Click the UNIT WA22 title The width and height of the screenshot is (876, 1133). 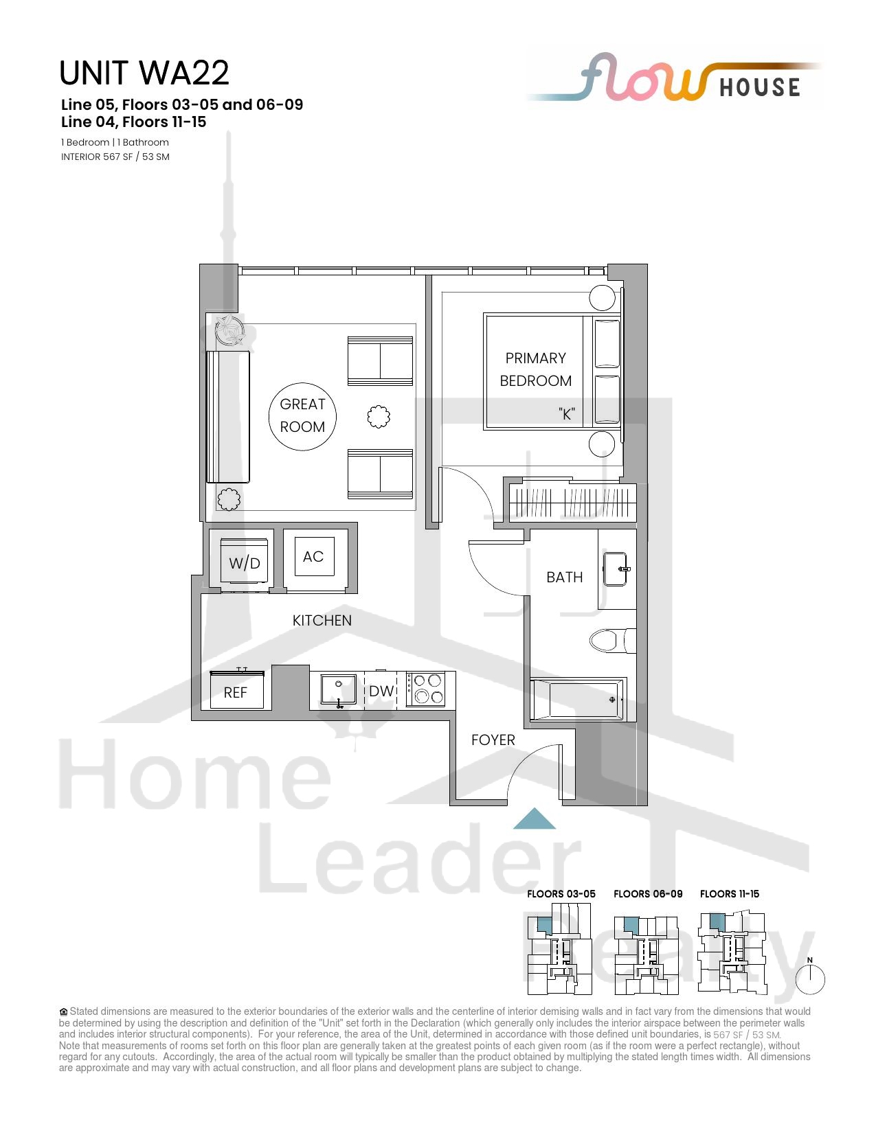tap(144, 73)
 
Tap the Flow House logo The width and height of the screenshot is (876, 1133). tap(673, 78)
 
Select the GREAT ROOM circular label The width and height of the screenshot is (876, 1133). tap(302, 416)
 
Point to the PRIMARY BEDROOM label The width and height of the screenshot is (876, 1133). tap(535, 369)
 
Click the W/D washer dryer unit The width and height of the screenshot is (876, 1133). tap(244, 561)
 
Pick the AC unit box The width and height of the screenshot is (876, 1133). tap(314, 556)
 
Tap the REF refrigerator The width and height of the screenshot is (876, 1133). tap(236, 690)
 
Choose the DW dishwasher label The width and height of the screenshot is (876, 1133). tap(381, 691)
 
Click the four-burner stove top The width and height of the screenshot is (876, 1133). tap(426, 689)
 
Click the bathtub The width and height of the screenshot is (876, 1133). tap(577, 699)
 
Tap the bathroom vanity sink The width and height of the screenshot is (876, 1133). tap(616, 569)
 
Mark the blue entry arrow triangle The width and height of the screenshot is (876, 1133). tap(534, 818)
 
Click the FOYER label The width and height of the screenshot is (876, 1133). tap(493, 740)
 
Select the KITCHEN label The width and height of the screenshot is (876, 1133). tap(322, 621)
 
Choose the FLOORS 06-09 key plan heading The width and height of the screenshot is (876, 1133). tap(648, 893)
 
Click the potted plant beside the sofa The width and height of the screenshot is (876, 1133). tap(229, 330)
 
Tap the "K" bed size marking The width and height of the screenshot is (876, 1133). tap(567, 414)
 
